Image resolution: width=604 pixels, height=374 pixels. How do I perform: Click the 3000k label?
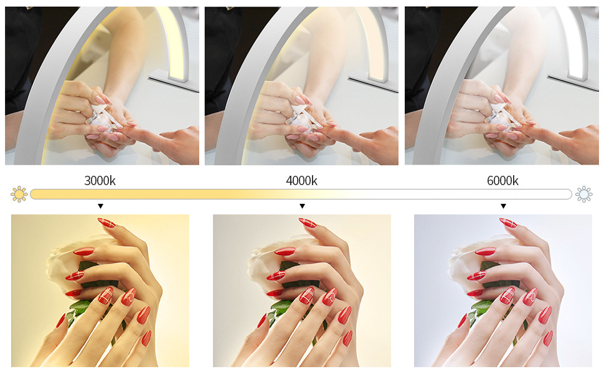coord(100,180)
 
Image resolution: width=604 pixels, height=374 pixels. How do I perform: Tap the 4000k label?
coord(301,180)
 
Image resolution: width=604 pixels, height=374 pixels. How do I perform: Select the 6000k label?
coord(503,180)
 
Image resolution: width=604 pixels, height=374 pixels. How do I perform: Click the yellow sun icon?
coord(19,194)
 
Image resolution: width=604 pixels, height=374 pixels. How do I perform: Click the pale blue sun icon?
coord(584,194)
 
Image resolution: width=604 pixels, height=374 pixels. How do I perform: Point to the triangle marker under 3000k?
coord(100,206)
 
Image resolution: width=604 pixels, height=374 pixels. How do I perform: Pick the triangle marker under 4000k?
coord(303,206)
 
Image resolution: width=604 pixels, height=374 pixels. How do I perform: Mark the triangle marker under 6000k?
coord(504,206)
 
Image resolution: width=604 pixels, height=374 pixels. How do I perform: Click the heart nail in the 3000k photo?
coord(129,297)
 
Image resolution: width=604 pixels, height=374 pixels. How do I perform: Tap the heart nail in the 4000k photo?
coord(330,297)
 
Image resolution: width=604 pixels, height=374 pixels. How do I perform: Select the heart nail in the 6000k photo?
coord(531,297)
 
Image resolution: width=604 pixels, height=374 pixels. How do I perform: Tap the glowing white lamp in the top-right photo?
coord(574,42)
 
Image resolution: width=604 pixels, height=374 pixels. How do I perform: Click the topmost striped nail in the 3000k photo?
coord(106,223)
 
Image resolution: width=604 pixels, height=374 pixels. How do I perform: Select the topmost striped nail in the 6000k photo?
coord(508,223)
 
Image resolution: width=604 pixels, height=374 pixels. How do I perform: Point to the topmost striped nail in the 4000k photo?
coord(308,223)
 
